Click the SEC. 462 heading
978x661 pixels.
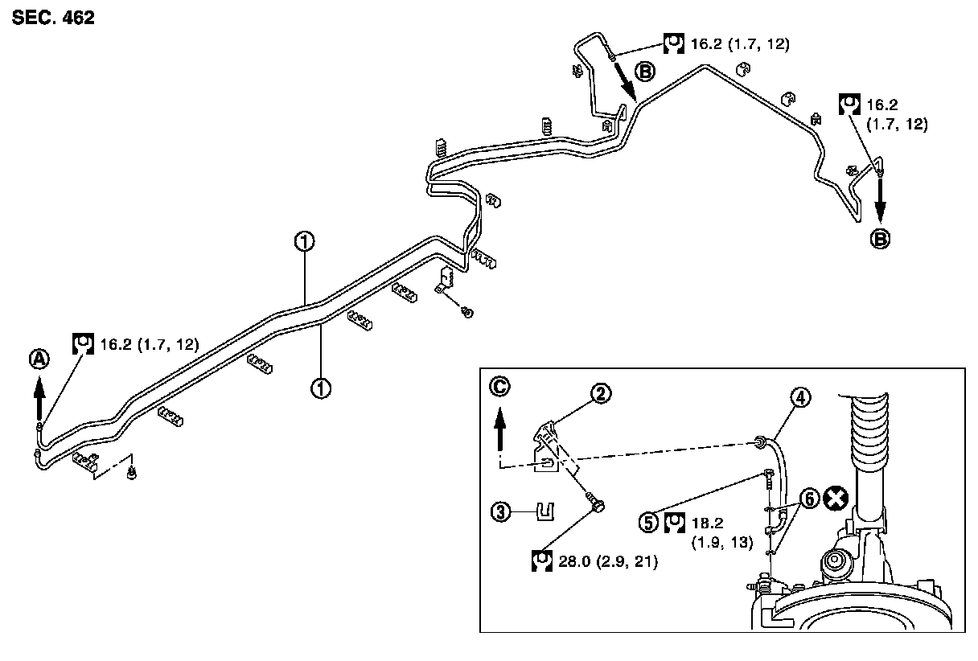(x=53, y=18)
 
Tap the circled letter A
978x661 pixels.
(x=38, y=360)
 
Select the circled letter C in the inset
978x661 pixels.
(x=499, y=387)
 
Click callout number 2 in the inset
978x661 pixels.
(x=601, y=393)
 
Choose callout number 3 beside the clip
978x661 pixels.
(x=502, y=511)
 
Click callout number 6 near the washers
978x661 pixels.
(x=810, y=499)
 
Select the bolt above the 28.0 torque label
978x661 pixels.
(x=596, y=505)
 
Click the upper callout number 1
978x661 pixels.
(x=303, y=240)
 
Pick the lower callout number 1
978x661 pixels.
(x=321, y=388)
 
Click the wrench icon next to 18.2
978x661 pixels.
(x=675, y=522)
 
